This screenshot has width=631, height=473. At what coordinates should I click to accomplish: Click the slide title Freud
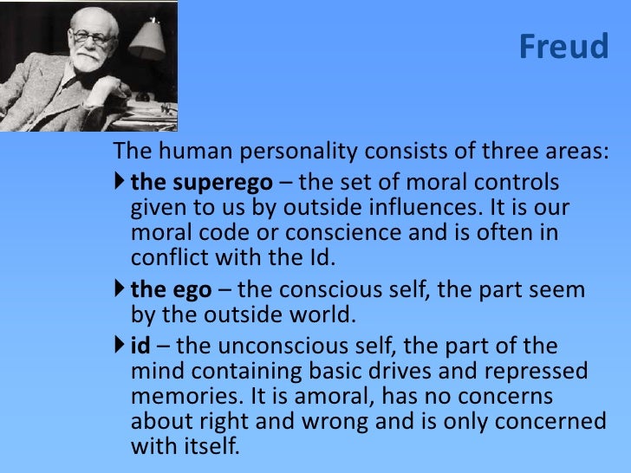[x=563, y=48]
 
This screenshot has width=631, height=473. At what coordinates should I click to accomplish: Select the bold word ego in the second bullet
[x=198, y=291]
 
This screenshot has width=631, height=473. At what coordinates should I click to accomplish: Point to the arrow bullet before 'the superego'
[x=120, y=183]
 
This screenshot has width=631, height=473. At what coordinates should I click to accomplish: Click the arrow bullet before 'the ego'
[x=120, y=289]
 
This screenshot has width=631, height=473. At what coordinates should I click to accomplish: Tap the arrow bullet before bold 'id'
[x=120, y=346]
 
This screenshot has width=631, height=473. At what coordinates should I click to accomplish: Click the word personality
[x=294, y=152]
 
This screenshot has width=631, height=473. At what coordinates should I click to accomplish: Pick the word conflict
[x=166, y=257]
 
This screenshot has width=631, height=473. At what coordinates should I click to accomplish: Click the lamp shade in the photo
[x=147, y=38]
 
